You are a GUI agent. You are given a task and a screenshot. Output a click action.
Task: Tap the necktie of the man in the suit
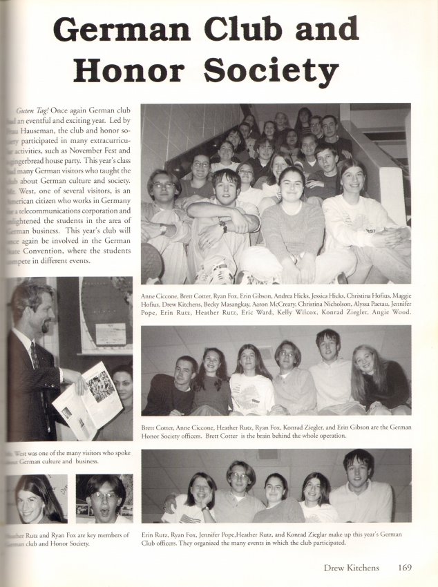point(34,354)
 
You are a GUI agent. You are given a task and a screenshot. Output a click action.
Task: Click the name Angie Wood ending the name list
point(392,312)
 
